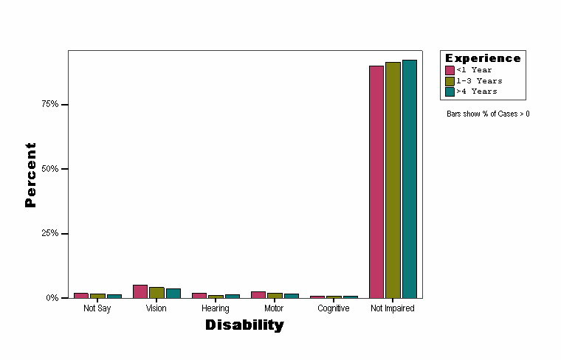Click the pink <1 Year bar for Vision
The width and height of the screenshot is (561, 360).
pos(140,291)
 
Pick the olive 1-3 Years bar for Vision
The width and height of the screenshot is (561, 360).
pos(156,292)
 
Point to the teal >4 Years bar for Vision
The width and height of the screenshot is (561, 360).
pos(173,293)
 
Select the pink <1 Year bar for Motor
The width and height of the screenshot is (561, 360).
pos(258,294)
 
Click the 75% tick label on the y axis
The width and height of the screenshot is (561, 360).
pos(49,104)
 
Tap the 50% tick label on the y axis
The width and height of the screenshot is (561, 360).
pos(49,169)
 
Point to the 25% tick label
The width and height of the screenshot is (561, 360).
pos(49,233)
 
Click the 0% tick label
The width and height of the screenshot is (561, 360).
pos(52,298)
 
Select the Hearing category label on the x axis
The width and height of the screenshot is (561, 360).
pos(215,308)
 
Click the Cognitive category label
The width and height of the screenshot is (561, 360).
pos(333,308)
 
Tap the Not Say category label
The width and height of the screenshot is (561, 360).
pos(97,308)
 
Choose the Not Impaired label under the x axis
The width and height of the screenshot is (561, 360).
pos(392,308)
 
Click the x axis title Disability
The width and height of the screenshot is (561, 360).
pos(244,325)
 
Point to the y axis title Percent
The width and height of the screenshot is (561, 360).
pos(30,175)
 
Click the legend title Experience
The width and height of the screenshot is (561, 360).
pos(483,58)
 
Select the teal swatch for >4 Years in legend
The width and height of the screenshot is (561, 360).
pos(450,91)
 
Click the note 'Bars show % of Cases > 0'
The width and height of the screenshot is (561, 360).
pos(488,114)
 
